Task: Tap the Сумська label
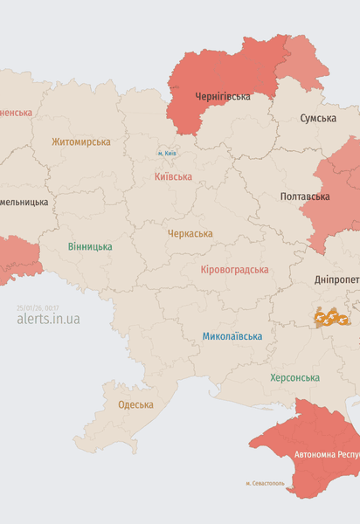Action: click(319, 118)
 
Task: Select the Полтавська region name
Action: click(305, 196)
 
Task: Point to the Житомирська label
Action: click(81, 141)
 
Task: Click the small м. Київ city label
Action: click(168, 153)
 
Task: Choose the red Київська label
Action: click(173, 176)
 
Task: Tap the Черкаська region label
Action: click(190, 233)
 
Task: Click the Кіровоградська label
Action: click(234, 270)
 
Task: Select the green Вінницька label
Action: click(90, 246)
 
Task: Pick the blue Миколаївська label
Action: click(232, 335)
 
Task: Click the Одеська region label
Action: click(135, 404)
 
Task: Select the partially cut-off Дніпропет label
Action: click(336, 279)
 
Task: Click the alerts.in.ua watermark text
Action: click(48, 320)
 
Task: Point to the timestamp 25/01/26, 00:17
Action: click(38, 307)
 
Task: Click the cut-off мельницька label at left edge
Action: click(24, 202)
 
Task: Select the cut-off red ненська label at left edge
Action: click(17, 113)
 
